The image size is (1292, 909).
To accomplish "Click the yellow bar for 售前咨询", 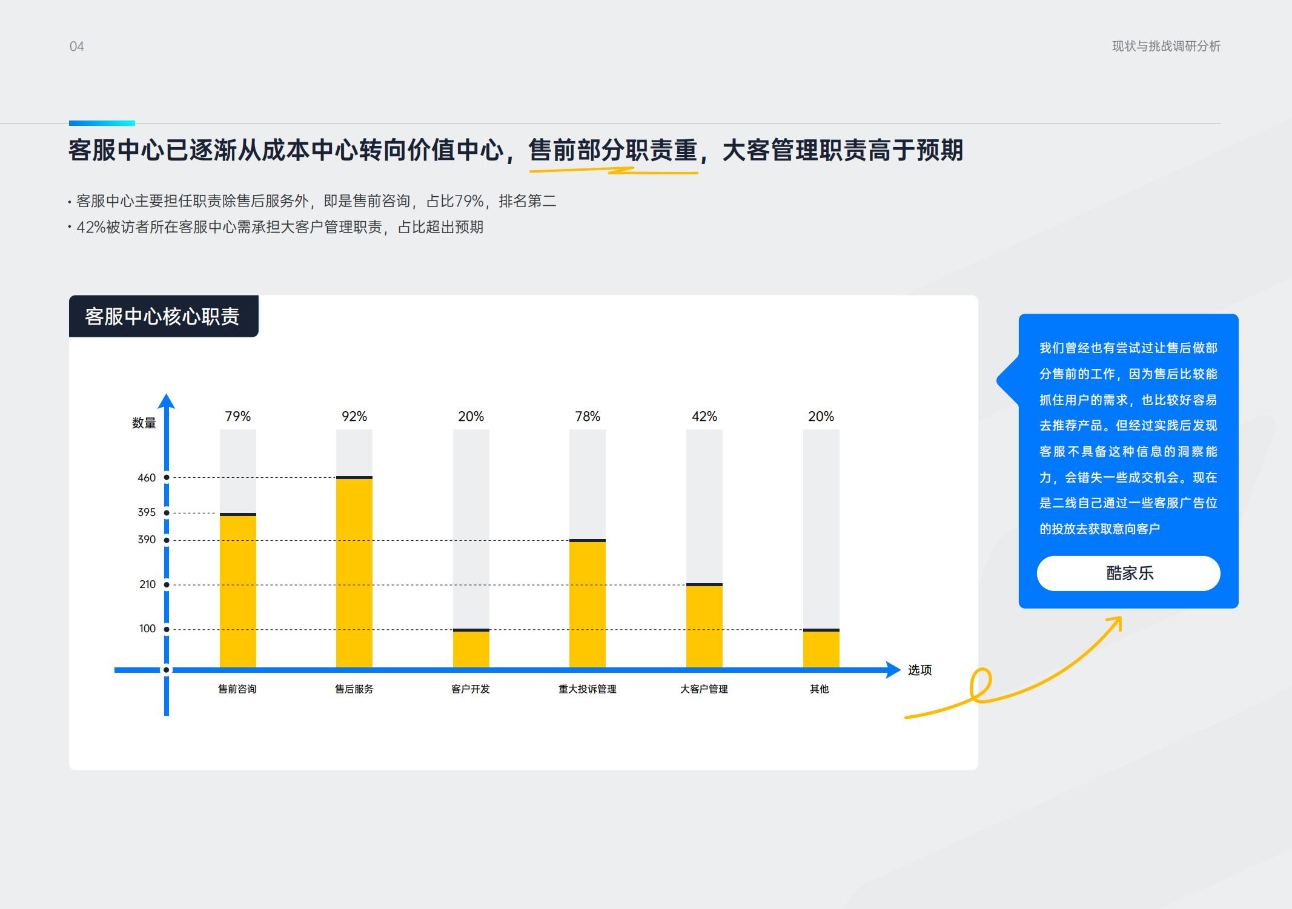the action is [x=237, y=591].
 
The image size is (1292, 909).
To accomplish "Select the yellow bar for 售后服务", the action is [x=354, y=573].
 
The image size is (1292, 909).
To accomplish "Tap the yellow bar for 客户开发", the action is [x=471, y=649].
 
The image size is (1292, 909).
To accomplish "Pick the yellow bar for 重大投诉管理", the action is [x=588, y=604].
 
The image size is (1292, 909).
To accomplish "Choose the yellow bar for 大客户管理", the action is [x=704, y=627].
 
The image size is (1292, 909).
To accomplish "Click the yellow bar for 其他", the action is [x=821, y=649].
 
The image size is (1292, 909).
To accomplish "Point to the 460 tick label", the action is [x=147, y=478].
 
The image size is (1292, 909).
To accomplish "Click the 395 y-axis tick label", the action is [x=147, y=512].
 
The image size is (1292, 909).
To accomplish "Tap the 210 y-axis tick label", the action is [x=147, y=584].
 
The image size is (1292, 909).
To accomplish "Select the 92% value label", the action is [x=354, y=417].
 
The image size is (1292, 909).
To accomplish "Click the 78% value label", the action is [x=588, y=417].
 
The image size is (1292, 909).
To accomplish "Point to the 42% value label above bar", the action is [x=704, y=417].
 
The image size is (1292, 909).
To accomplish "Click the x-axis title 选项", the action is [x=919, y=670].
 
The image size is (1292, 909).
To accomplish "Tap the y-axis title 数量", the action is [x=144, y=423].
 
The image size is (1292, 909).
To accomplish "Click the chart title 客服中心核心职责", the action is [x=162, y=316].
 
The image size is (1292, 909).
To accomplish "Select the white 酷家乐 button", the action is [x=1128, y=573].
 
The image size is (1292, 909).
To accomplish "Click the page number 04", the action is [x=77, y=47].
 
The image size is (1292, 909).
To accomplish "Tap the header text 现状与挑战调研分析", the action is [x=1166, y=47].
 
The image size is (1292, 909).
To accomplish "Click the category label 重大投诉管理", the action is [x=588, y=689].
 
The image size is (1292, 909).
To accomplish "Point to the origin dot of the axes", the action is [x=167, y=670].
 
